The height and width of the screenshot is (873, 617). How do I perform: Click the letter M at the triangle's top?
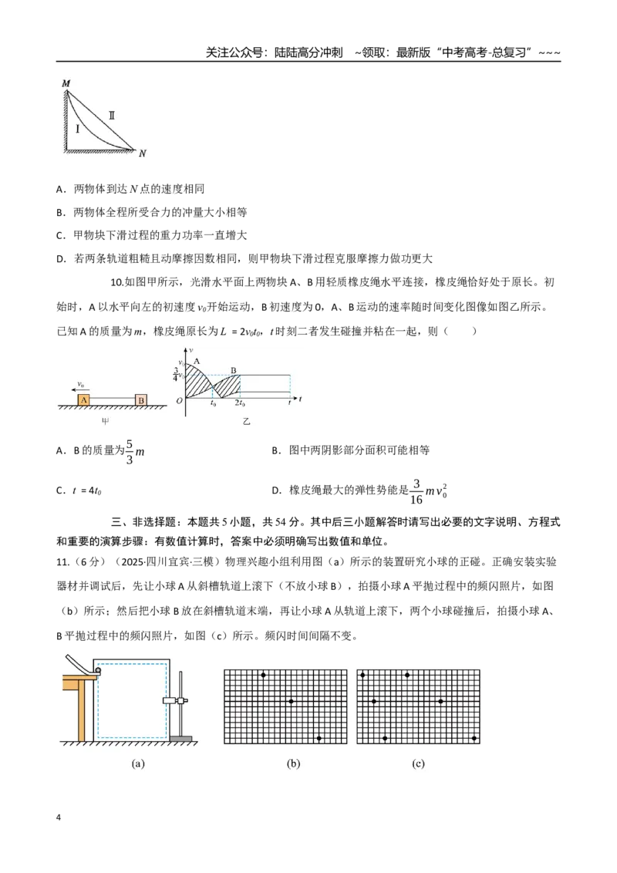click(x=66, y=83)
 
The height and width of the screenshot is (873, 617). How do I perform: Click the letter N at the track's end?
click(x=143, y=153)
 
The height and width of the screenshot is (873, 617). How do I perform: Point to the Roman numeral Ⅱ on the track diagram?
click(x=111, y=115)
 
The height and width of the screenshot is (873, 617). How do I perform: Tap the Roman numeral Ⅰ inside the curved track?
click(x=77, y=129)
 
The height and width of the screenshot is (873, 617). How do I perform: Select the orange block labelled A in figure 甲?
click(x=83, y=399)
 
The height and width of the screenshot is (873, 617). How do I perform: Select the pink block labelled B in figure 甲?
click(x=141, y=399)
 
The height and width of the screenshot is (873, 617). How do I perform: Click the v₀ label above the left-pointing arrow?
click(x=81, y=384)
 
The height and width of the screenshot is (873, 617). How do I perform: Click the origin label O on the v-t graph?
click(x=179, y=400)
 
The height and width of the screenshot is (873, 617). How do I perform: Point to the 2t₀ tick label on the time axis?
click(x=239, y=403)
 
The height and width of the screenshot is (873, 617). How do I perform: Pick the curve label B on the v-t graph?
click(x=234, y=370)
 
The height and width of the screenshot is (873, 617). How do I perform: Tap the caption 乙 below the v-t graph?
click(x=246, y=422)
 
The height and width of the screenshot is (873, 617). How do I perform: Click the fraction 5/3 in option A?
click(x=130, y=451)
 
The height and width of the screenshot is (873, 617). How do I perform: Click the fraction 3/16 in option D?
click(x=416, y=491)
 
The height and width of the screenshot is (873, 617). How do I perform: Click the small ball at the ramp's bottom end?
click(x=98, y=672)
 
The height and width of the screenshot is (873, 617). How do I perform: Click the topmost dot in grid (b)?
click(x=264, y=675)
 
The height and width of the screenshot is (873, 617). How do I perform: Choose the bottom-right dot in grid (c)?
click(x=474, y=738)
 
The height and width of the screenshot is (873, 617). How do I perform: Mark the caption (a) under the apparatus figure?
click(x=138, y=763)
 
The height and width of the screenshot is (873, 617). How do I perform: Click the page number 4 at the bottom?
click(x=59, y=817)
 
